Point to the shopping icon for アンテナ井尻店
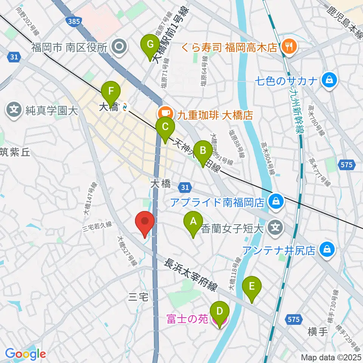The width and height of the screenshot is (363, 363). [x=326, y=250]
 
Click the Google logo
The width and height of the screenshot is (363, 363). [x=25, y=354]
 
